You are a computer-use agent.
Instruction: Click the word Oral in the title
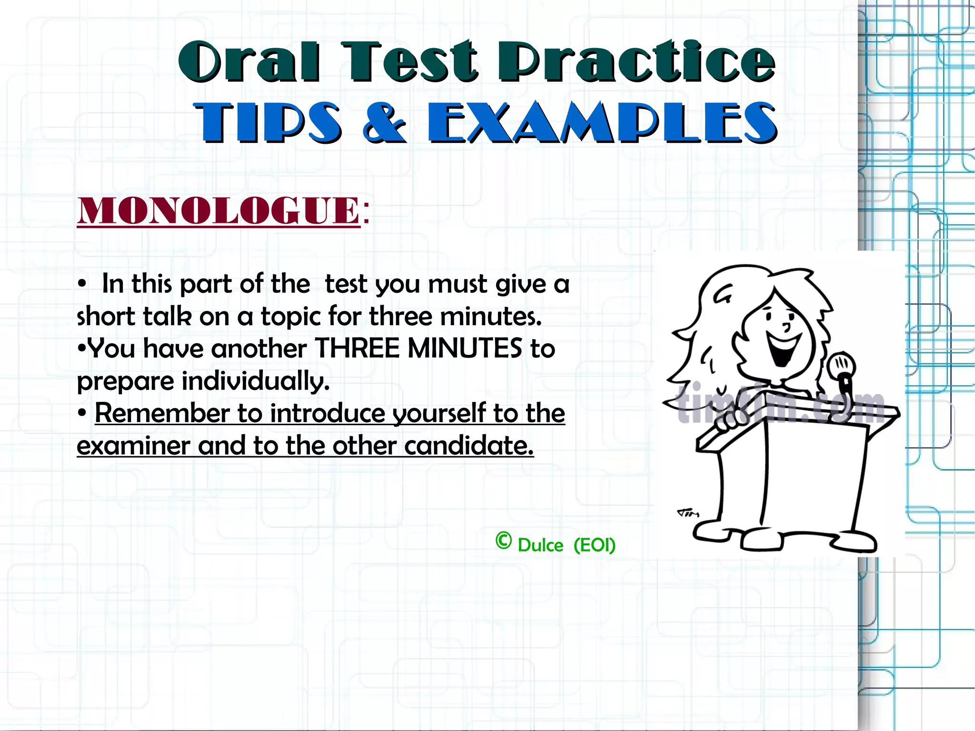(249, 62)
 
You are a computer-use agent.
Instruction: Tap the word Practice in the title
(636, 62)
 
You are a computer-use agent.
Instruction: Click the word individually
(256, 381)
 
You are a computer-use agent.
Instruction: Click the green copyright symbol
(503, 541)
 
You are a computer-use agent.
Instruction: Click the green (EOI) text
(595, 545)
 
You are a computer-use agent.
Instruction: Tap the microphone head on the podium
(841, 365)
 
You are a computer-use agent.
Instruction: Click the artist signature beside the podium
(688, 513)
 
